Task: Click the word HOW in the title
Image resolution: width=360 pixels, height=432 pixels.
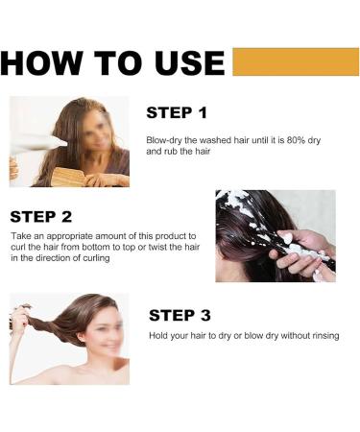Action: (x=45, y=63)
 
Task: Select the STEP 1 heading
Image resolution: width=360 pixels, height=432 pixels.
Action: (x=176, y=113)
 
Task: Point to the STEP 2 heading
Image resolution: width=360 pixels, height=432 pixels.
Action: (x=40, y=216)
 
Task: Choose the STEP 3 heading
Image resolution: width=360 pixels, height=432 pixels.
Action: (x=180, y=315)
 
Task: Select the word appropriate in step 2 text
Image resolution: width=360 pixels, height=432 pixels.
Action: (x=72, y=235)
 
